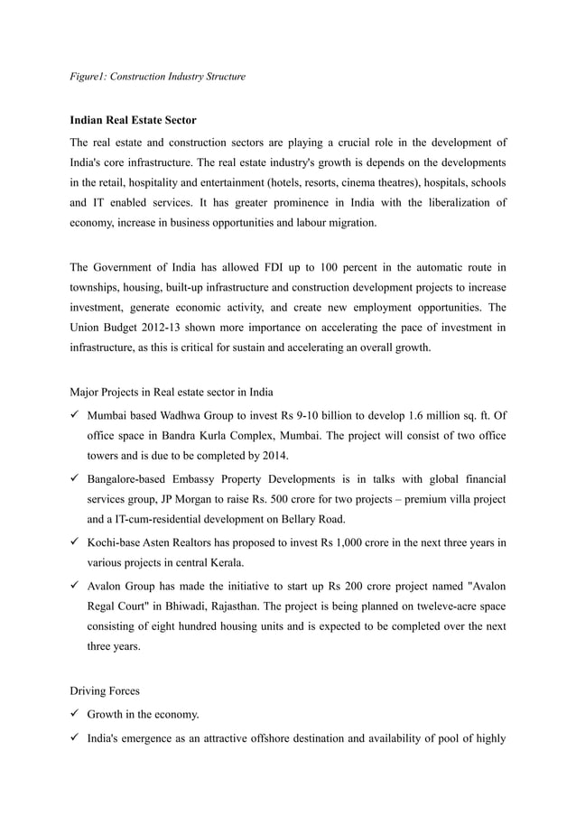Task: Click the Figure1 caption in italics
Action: (x=157, y=77)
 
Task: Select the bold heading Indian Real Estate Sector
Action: (x=133, y=120)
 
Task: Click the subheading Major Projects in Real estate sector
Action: (x=172, y=392)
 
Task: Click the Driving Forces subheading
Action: (x=106, y=690)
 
